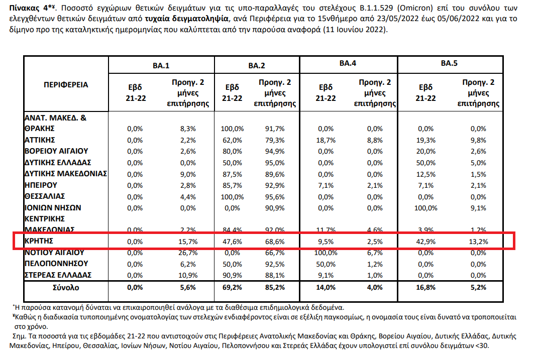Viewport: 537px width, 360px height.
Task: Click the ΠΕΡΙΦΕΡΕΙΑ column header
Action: tap(65, 84)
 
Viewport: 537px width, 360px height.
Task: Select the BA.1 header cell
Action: tap(161, 65)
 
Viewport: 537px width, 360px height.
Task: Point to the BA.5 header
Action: tap(449, 64)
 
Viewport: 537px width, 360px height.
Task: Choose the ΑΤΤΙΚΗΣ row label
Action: tap(40, 140)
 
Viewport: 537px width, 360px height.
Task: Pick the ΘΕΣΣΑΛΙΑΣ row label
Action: tap(45, 196)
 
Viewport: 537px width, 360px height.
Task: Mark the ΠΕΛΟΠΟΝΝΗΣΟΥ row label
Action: tap(56, 264)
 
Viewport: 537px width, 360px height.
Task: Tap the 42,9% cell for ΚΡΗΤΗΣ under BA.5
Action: tap(425, 242)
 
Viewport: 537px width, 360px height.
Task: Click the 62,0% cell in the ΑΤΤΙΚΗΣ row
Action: tap(232, 140)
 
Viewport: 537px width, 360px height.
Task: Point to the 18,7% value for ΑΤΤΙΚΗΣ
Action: tap(326, 140)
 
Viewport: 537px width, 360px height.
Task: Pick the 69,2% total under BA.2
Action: tap(232, 288)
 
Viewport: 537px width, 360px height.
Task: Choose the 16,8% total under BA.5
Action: tap(425, 288)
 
